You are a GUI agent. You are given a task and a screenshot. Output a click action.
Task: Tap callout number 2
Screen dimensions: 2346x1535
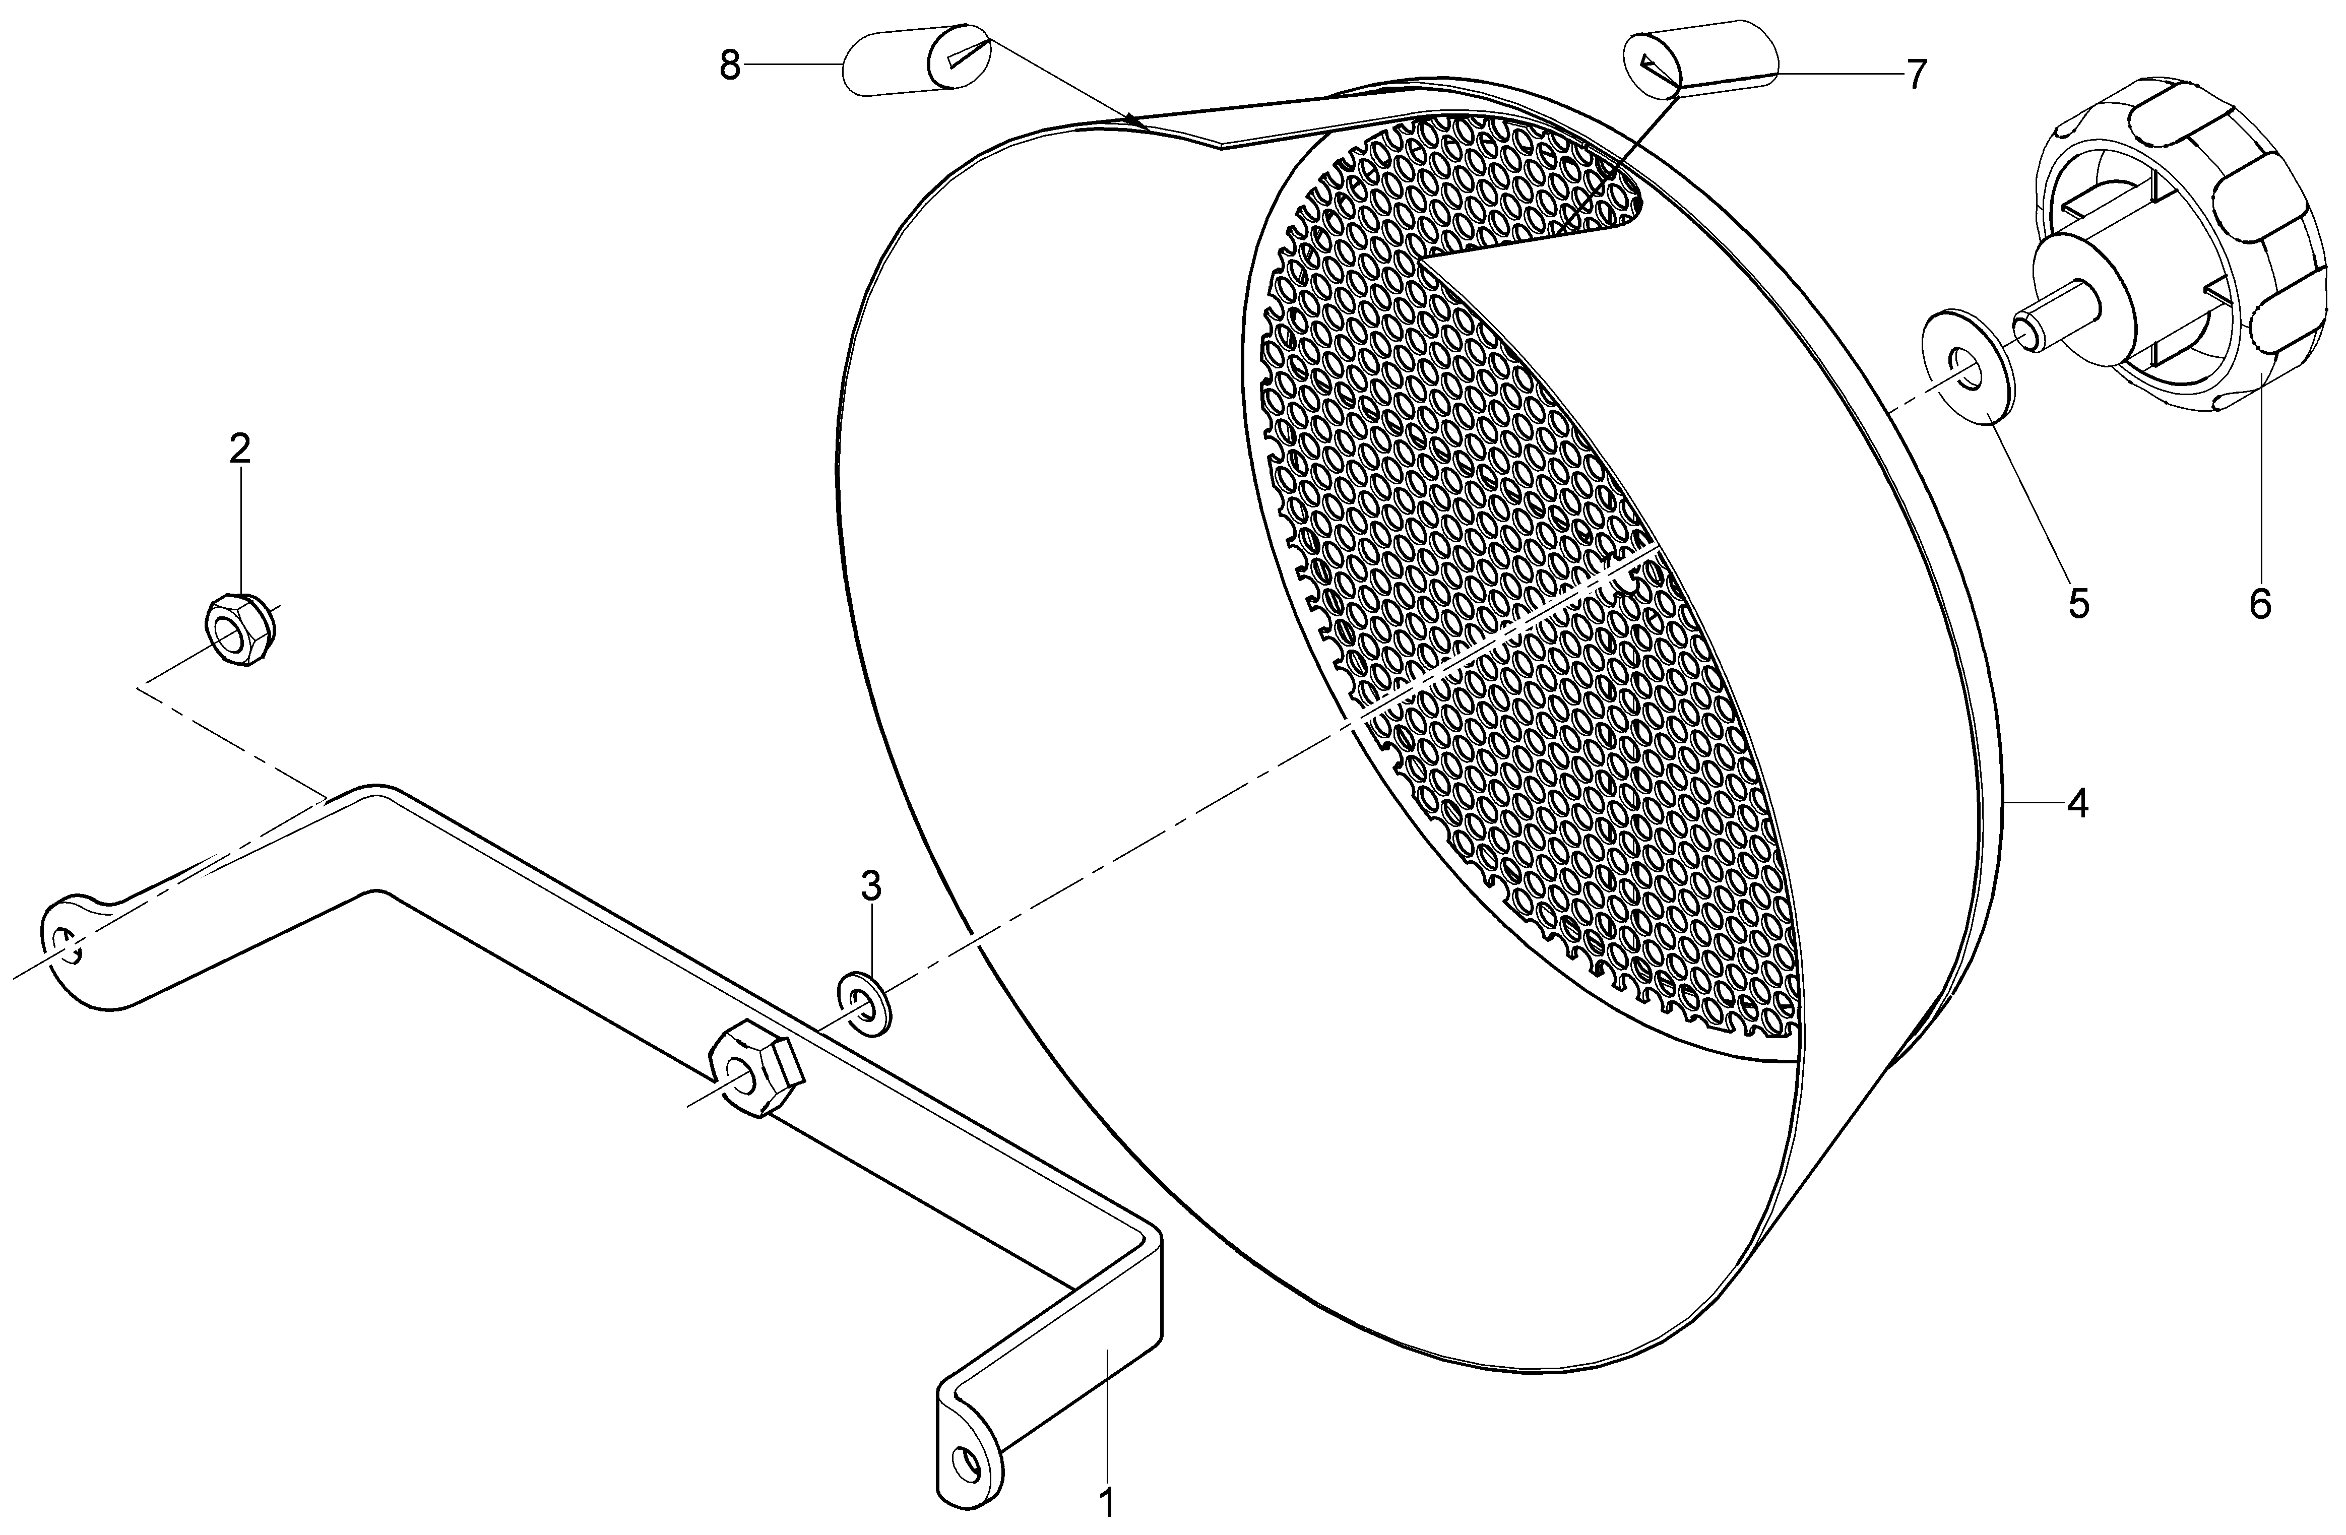239,450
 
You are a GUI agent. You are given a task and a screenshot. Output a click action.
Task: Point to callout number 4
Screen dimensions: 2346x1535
2077,804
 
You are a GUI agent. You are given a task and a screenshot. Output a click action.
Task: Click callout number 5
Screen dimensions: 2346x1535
2078,603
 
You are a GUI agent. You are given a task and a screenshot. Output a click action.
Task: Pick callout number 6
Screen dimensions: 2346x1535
2259,603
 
